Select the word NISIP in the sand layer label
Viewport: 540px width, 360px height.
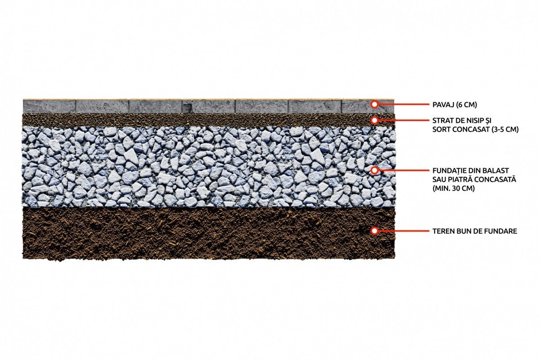point(470,120)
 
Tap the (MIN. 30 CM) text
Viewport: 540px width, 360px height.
point(454,188)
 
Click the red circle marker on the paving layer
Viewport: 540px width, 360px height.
point(374,104)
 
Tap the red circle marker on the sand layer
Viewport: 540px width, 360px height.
point(374,120)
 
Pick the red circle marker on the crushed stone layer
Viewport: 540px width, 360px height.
point(374,170)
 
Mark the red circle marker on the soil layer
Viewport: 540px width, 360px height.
point(374,231)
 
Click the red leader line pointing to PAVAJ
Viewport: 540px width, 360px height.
point(404,104)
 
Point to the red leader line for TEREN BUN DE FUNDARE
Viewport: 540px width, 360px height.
point(404,231)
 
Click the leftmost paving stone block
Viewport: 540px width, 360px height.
point(49,106)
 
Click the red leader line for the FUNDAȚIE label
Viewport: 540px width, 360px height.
point(404,170)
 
